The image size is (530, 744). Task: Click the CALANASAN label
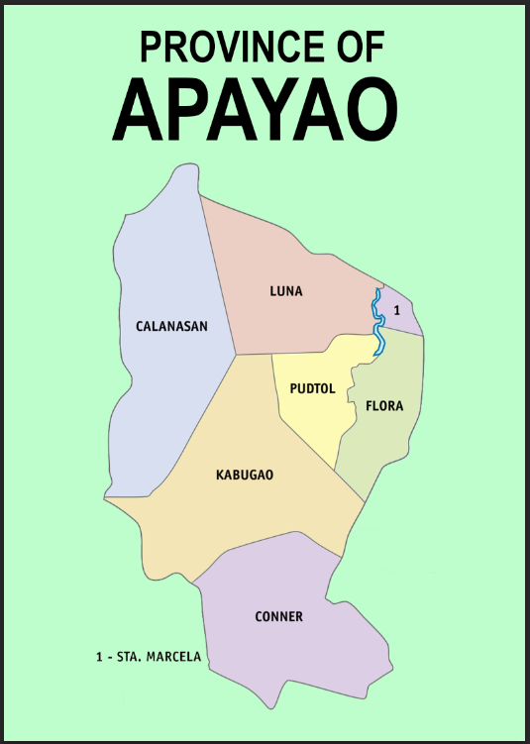[x=171, y=325]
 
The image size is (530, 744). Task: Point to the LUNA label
[x=286, y=291]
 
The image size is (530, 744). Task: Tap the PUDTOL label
[x=313, y=388]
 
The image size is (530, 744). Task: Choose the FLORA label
[x=384, y=406]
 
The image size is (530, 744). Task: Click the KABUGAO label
[x=244, y=475]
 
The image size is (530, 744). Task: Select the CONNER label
[x=278, y=616]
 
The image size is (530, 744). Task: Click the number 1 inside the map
[x=396, y=311]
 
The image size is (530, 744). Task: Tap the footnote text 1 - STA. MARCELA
[x=149, y=657]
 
